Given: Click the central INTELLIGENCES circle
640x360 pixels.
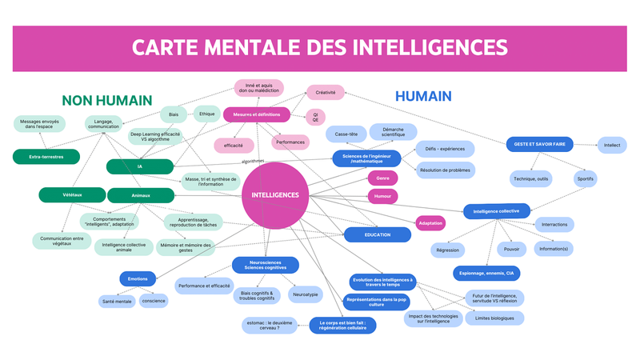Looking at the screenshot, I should tap(275, 194).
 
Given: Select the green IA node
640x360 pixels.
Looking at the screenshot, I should tap(140, 166).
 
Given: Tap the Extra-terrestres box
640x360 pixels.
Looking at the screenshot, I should tap(48, 156).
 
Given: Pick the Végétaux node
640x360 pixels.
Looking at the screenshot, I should tap(72, 194).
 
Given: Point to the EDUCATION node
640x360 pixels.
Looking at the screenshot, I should tap(378, 234).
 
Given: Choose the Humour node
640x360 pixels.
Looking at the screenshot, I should tap(382, 196).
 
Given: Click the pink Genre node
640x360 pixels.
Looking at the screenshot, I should tap(382, 177).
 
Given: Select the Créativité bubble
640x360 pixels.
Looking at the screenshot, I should tap(326, 93).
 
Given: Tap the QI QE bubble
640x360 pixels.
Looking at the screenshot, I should tap(315, 118).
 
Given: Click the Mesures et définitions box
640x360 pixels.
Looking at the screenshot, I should tap(256, 114).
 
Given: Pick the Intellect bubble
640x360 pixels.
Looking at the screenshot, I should tap(612, 145).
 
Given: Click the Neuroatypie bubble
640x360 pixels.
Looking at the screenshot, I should tap(306, 294).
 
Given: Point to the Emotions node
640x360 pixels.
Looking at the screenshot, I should tap(138, 279).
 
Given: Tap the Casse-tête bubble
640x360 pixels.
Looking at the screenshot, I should tap(346, 134).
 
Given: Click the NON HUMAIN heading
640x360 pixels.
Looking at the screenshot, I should tap(107, 101).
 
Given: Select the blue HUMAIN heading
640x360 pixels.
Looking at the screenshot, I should tap(424, 96).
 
